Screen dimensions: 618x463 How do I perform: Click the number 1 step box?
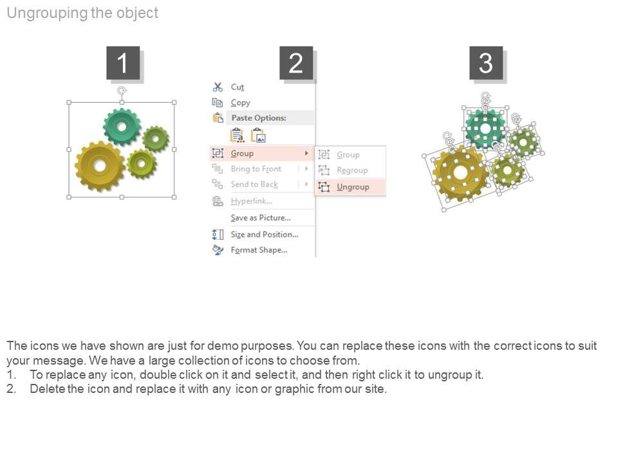(123, 63)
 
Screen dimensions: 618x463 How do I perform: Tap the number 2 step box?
(296, 63)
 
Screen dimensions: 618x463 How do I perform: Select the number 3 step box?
(486, 63)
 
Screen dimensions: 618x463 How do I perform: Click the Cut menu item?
(238, 87)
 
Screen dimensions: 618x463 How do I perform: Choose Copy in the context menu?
(240, 103)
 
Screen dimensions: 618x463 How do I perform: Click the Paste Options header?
(259, 118)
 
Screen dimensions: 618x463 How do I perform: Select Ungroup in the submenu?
(353, 187)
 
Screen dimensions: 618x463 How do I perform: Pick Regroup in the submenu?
(352, 170)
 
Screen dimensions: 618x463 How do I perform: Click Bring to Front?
(256, 169)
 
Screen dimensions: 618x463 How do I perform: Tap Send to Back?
(254, 185)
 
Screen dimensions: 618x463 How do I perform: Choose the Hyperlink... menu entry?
(252, 201)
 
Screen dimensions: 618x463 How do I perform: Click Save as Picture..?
(261, 218)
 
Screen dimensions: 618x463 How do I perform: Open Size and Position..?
(265, 234)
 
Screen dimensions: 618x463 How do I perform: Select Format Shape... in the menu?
(259, 250)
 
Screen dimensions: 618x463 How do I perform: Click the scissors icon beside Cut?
(218, 87)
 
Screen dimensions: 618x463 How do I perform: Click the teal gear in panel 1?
(122, 127)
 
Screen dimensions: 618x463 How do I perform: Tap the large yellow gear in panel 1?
(100, 166)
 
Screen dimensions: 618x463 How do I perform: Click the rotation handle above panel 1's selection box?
(122, 91)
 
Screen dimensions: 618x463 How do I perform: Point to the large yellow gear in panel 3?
(460, 173)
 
